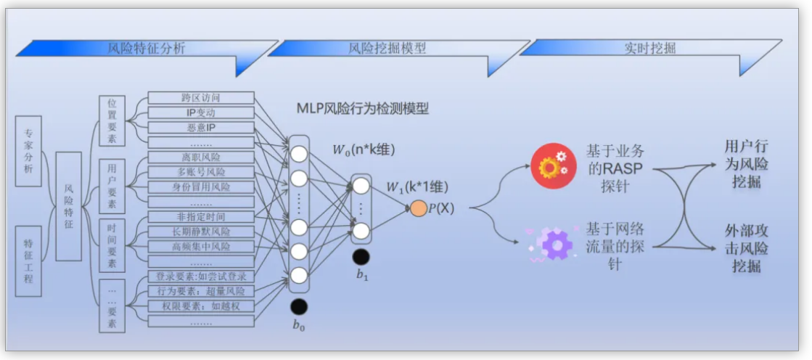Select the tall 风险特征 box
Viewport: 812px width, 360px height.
pyautogui.click(x=68, y=207)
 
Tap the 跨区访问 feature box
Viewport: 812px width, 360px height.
pyautogui.click(x=201, y=98)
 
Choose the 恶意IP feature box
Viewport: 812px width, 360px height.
pyautogui.click(x=201, y=128)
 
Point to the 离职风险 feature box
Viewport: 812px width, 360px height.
pyautogui.click(x=201, y=157)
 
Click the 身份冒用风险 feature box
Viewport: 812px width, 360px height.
pyautogui.click(x=201, y=187)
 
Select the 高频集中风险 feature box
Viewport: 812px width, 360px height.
pyautogui.click(x=201, y=247)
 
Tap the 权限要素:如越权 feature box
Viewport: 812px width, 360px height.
pyautogui.click(x=201, y=306)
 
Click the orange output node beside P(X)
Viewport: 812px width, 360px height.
pyautogui.click(x=419, y=208)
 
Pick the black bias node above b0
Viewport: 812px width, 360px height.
pyautogui.click(x=299, y=307)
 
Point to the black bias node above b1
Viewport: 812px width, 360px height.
pyautogui.click(x=361, y=256)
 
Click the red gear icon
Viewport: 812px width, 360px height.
pyautogui.click(x=553, y=166)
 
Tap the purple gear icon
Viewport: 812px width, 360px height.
pyautogui.click(x=553, y=243)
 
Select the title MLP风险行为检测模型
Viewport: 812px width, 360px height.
pyautogui.click(x=362, y=109)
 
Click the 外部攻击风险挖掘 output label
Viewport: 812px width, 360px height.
pyautogui.click(x=746, y=248)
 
